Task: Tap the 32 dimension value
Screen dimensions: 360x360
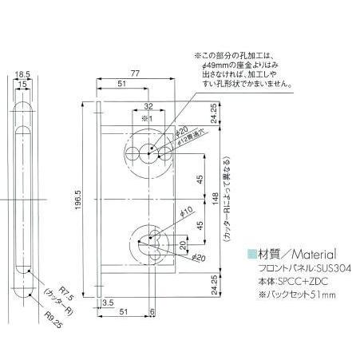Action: click(148, 105)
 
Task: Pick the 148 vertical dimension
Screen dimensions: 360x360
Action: click(216, 196)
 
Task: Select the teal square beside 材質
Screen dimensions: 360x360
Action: click(251, 251)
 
